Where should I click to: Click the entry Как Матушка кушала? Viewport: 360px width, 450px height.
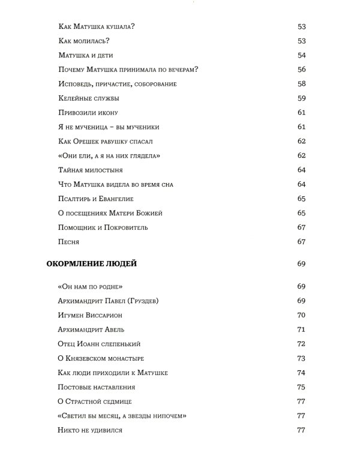(96, 26)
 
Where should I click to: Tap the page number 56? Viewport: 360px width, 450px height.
(301, 70)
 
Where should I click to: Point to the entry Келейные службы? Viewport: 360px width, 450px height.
(89, 98)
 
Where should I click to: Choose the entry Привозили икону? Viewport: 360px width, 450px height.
(88, 113)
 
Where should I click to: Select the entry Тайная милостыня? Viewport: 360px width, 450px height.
(90, 170)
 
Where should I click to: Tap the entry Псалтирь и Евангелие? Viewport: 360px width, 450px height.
(96, 199)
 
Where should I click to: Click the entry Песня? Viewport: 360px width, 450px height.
(69, 242)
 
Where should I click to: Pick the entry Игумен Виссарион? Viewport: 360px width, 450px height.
(91, 315)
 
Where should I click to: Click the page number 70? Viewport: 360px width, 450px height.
(301, 315)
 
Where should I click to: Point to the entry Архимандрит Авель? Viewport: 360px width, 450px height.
(91, 329)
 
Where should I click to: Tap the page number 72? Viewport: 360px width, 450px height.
(301, 344)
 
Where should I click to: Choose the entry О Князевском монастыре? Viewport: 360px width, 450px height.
(99, 358)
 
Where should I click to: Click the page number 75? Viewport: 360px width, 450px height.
(301, 387)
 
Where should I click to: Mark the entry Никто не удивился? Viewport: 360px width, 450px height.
(90, 430)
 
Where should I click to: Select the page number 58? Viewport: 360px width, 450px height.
(301, 84)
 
